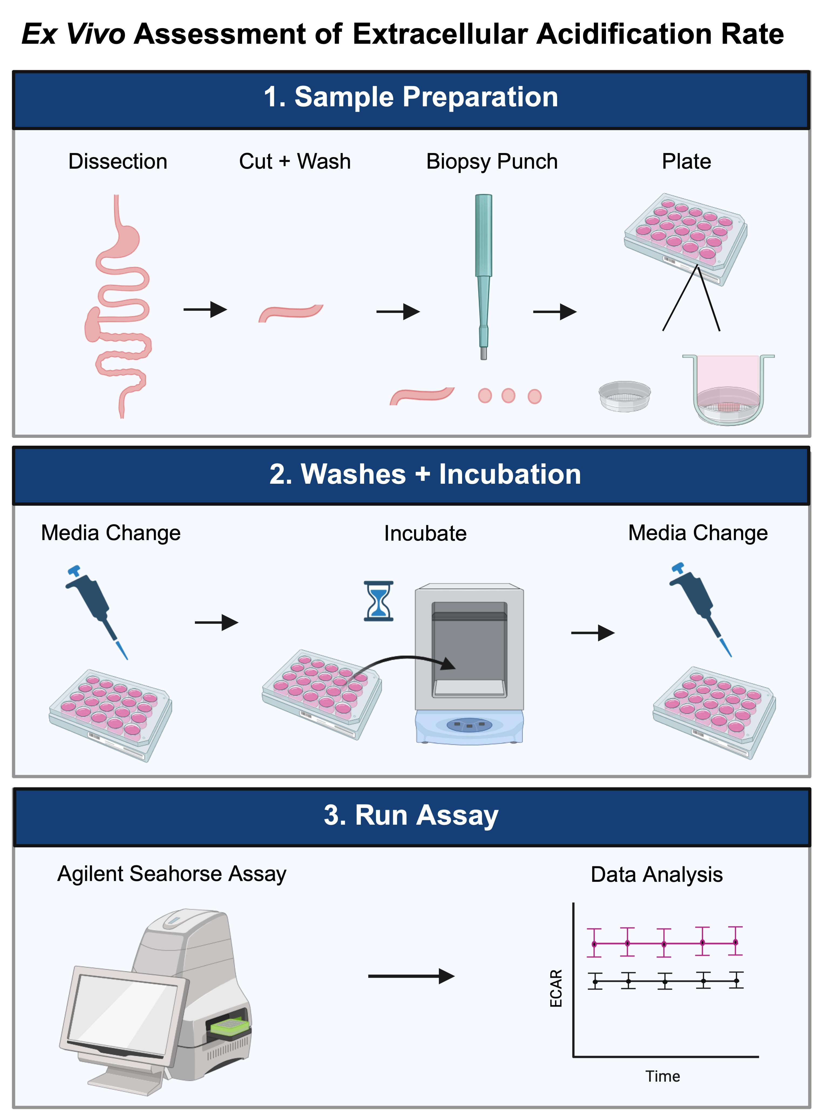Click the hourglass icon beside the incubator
[379, 601]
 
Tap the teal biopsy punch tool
[483, 277]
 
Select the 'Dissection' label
[118, 162]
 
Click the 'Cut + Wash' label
[295, 162]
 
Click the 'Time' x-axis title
[663, 1076]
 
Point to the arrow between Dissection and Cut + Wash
[205, 309]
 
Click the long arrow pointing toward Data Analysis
[412, 976]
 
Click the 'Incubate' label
[425, 533]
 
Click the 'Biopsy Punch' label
[492, 162]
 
